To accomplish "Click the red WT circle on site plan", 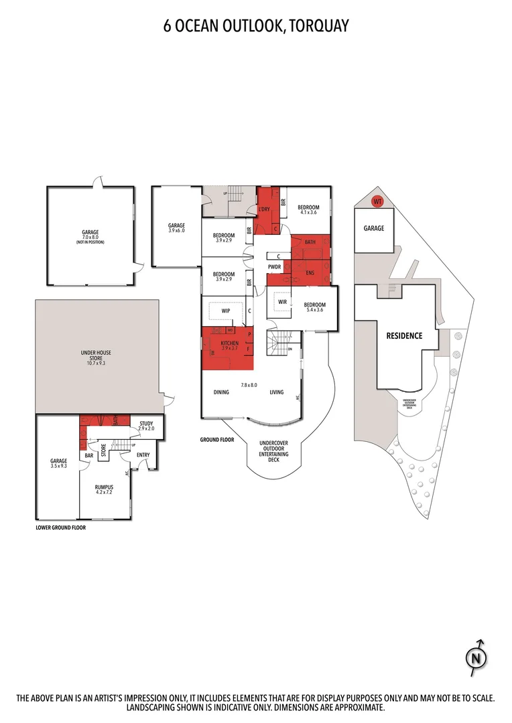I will pyautogui.click(x=377, y=201).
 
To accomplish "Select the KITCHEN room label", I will pyautogui.click(x=229, y=343).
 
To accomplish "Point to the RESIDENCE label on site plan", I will pyautogui.click(x=403, y=335).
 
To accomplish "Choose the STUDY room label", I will pyautogui.click(x=146, y=424).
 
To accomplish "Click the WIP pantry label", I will pyautogui.click(x=226, y=311).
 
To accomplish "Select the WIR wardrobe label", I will pyautogui.click(x=282, y=302).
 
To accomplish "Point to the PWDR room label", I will pyautogui.click(x=274, y=266).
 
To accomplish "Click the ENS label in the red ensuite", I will pyautogui.click(x=310, y=273).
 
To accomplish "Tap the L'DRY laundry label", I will pyautogui.click(x=264, y=210).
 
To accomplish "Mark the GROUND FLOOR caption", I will pyautogui.click(x=216, y=440).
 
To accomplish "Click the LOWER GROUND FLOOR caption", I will pyautogui.click(x=61, y=528).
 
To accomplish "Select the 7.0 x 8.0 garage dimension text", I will pyautogui.click(x=90, y=237).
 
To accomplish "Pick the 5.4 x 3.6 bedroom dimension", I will pyautogui.click(x=314, y=309).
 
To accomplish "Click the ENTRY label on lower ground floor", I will pyautogui.click(x=144, y=455).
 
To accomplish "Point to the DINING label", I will pyautogui.click(x=221, y=392).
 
